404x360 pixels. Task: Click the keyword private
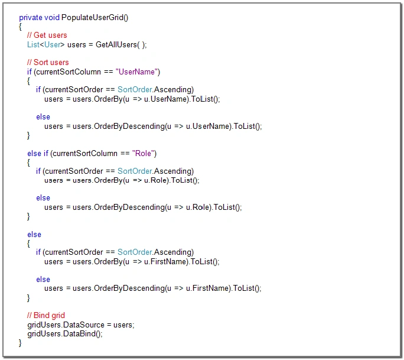[31, 18]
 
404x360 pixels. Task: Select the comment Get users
[47, 35]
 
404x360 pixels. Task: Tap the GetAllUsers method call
[116, 44]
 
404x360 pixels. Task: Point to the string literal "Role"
[143, 153]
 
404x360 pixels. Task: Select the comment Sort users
[48, 62]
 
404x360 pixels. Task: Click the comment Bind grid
[46, 315]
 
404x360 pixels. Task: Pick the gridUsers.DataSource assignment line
[81, 325]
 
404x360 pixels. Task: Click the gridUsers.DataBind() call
[65, 334]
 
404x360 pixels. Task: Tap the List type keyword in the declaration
[33, 44]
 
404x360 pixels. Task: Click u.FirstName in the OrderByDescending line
[208, 288]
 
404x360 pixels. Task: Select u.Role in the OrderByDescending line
[198, 207]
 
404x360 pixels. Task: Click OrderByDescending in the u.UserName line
[129, 126]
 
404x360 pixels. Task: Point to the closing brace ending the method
[20, 343]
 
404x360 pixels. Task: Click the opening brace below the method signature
[20, 27]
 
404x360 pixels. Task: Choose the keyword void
[52, 18]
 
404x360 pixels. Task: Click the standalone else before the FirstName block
[34, 235]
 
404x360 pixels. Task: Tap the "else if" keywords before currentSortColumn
[38, 153]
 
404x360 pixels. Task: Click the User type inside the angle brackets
[53, 44]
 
